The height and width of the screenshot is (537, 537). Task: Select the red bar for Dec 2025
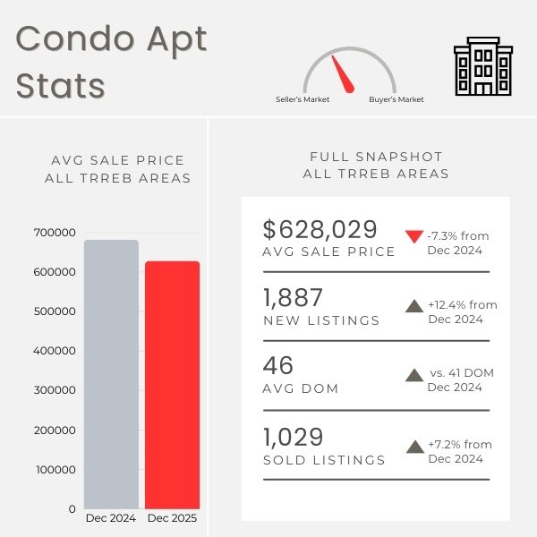pyautogui.click(x=172, y=385)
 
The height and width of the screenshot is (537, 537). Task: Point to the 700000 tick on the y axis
pyautogui.click(x=55, y=233)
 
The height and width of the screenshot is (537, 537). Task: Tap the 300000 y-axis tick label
pyautogui.click(x=55, y=390)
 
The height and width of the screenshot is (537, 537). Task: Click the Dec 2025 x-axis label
pyautogui.click(x=172, y=518)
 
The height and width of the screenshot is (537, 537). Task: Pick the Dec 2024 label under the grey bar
pyautogui.click(x=111, y=518)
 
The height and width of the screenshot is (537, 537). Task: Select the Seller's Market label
pyautogui.click(x=303, y=99)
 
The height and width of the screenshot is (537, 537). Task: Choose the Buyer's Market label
pyautogui.click(x=396, y=99)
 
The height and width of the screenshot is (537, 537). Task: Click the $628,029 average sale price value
pyautogui.click(x=320, y=229)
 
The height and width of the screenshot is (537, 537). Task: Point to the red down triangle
pyautogui.click(x=413, y=237)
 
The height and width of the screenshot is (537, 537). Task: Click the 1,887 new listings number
pyautogui.click(x=293, y=298)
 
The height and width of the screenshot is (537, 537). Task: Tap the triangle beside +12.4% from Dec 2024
pyautogui.click(x=413, y=305)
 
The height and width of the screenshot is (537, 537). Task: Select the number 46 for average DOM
pyautogui.click(x=277, y=366)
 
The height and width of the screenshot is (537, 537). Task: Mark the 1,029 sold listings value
pyautogui.click(x=293, y=438)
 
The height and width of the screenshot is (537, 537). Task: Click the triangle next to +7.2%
pyautogui.click(x=413, y=445)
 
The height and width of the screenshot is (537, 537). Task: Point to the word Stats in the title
pyautogui.click(x=60, y=86)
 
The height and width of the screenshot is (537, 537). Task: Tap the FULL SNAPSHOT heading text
pyautogui.click(x=376, y=157)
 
